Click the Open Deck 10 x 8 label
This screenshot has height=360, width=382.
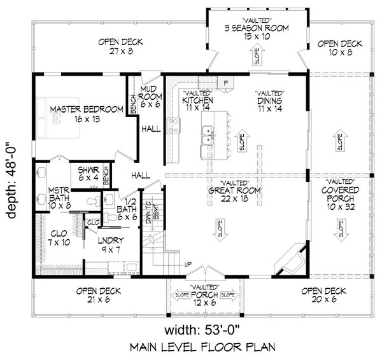point(339,48)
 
